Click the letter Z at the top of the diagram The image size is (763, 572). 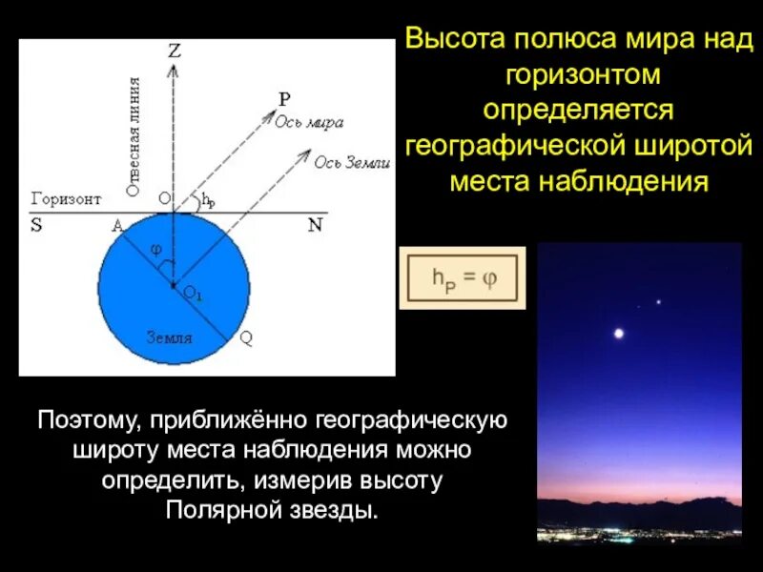[x=175, y=52]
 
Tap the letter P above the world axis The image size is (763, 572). [x=283, y=98]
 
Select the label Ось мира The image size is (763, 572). [x=310, y=122]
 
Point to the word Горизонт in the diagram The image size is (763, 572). [x=66, y=199]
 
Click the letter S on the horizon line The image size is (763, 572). [x=36, y=226]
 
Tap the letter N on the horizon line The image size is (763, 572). [x=316, y=226]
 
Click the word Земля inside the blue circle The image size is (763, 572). [x=169, y=337]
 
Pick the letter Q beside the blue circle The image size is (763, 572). [x=246, y=337]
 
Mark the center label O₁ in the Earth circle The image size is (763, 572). [x=193, y=295]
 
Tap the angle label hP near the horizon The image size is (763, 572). [x=209, y=201]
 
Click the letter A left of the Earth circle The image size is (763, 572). [x=117, y=226]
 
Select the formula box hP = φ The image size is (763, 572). [x=463, y=279]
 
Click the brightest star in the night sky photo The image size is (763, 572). [x=619, y=333]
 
